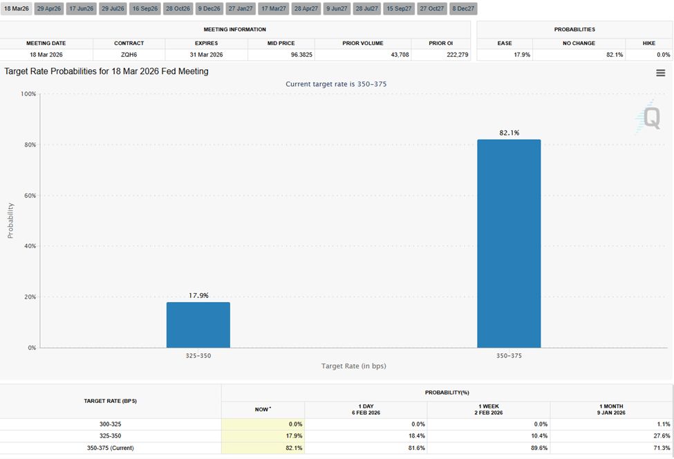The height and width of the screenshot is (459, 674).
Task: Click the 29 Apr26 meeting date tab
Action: tap(48, 8)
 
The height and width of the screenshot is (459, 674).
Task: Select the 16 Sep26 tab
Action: tap(145, 8)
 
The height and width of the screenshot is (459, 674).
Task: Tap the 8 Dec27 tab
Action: tap(462, 8)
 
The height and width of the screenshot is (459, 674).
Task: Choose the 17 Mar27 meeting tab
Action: tap(273, 8)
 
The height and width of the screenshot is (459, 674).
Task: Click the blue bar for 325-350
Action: tap(198, 325)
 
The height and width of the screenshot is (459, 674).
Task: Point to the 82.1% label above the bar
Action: tap(509, 133)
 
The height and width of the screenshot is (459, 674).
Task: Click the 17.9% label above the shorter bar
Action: tap(198, 295)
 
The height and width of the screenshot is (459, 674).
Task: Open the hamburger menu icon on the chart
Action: tap(660, 73)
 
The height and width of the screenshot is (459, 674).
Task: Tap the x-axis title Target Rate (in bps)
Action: tap(353, 366)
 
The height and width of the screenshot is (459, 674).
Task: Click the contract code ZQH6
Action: tap(129, 55)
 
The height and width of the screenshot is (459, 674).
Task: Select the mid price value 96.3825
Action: tap(281, 55)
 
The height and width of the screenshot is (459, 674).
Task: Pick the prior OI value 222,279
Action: tap(438, 55)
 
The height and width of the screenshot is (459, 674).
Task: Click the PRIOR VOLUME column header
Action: tap(362, 43)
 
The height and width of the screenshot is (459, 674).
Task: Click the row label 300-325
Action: tap(111, 424)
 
